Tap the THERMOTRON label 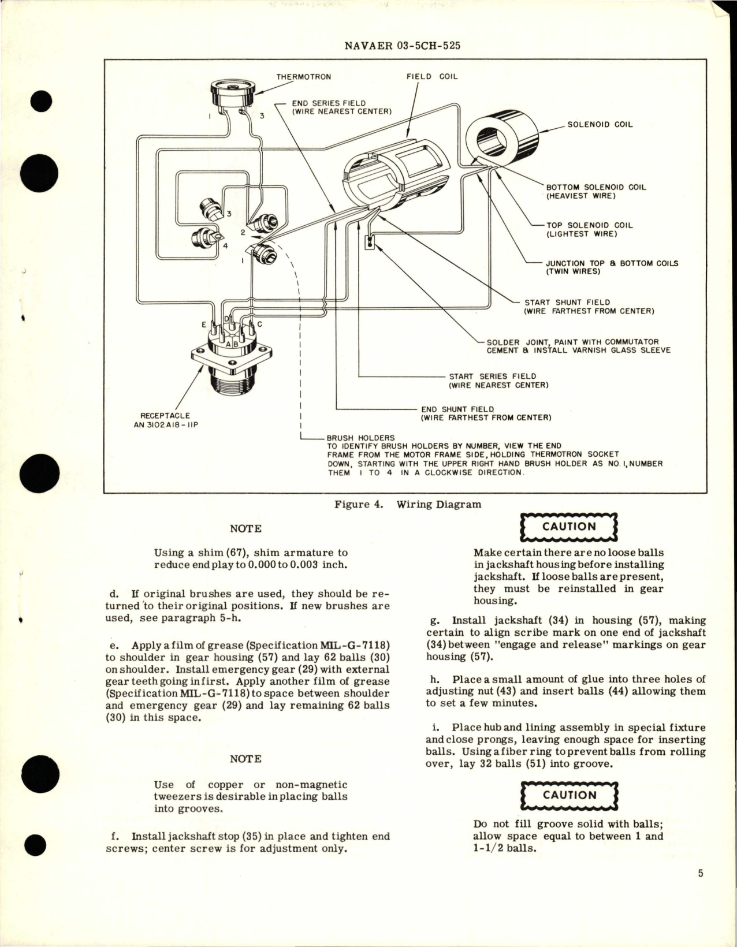click(303, 77)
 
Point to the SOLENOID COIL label click(600, 124)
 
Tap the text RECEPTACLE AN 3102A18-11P click(165, 420)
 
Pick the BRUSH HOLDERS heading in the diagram click(352, 438)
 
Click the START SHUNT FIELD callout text click(589, 307)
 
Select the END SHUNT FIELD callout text click(485, 413)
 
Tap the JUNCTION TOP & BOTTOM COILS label click(612, 267)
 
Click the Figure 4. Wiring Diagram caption click(408, 505)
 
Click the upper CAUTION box click(569, 527)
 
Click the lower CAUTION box click(569, 796)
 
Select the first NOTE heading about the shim click(245, 529)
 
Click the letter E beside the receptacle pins click(204, 325)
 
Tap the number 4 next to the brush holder click(225, 245)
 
